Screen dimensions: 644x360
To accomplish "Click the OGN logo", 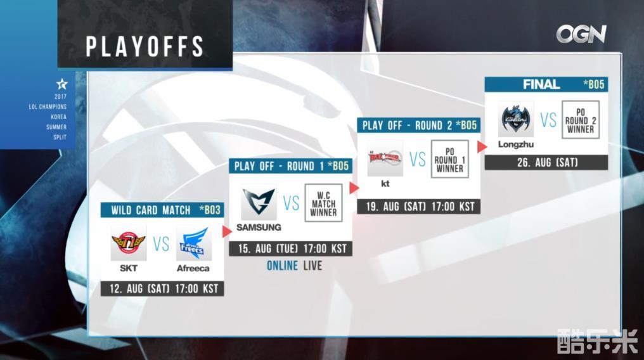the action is pos(581,34).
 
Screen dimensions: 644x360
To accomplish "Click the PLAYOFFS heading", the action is pos(145,46).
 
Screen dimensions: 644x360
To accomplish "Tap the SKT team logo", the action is pos(129,243).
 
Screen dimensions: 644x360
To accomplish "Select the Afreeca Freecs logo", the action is pos(194,243).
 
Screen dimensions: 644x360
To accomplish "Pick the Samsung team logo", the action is pos(259,202).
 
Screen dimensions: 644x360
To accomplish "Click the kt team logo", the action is pos(385,158).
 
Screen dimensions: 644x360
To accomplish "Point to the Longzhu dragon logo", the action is pos(516,119).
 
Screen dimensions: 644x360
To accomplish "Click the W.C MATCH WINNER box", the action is pos(324,203).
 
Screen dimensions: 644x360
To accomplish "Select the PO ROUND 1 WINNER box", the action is pos(450,159).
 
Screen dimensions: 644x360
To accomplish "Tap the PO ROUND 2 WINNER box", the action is pos(581,119).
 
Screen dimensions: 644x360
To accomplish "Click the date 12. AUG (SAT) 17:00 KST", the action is pos(163,288).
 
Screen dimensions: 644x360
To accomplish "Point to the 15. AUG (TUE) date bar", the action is pos(291,248).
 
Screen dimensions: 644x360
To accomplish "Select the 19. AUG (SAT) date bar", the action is pos(419,207).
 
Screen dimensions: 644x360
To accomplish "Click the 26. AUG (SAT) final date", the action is pos(546,162).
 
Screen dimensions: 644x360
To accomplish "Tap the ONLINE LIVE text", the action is pos(295,266).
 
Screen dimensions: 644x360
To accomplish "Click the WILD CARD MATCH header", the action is pos(151,210).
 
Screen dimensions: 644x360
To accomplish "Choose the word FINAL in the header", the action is pos(541,84).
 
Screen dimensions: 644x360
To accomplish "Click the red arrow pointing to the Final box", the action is pos(482,146).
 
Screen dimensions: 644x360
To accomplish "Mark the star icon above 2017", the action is pos(61,84).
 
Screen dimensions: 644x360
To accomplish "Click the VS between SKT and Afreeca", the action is pos(161,244).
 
